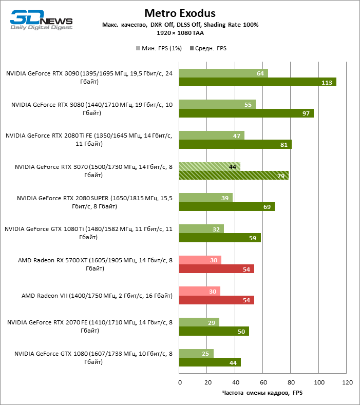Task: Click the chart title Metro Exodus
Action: coord(180,13)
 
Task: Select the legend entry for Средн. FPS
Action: coord(209,48)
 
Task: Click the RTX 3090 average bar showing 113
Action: coord(257,82)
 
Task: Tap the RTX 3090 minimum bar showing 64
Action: coord(223,73)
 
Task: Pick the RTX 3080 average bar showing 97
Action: coord(246,113)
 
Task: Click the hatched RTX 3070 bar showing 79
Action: coord(234,176)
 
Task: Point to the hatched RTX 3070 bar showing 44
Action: coord(210,167)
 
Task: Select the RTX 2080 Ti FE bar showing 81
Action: coord(235,144)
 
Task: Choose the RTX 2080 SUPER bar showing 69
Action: coord(227,207)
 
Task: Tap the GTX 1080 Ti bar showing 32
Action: coord(201,229)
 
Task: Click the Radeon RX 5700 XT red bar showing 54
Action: coord(216,269)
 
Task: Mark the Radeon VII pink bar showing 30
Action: coord(200,292)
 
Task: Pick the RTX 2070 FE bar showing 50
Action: coord(214,331)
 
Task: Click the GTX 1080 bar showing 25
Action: coord(197,354)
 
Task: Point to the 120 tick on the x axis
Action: coord(347,383)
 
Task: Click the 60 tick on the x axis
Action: coord(263,383)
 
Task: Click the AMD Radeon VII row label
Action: coord(96,296)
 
